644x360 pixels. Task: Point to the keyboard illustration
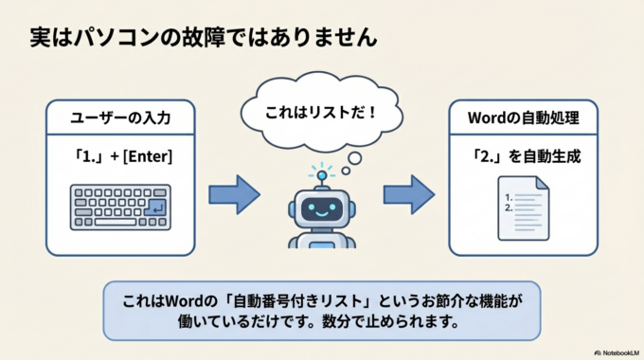pyautogui.click(x=120, y=207)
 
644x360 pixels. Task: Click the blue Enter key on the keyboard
pyautogui.click(x=156, y=207)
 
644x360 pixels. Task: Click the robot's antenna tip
pyautogui.click(x=321, y=174)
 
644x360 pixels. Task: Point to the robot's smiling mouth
pyautogui.click(x=321, y=214)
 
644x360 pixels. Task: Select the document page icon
pyautogui.click(x=523, y=207)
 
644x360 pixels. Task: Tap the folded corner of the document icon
pyautogui.click(x=542, y=182)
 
